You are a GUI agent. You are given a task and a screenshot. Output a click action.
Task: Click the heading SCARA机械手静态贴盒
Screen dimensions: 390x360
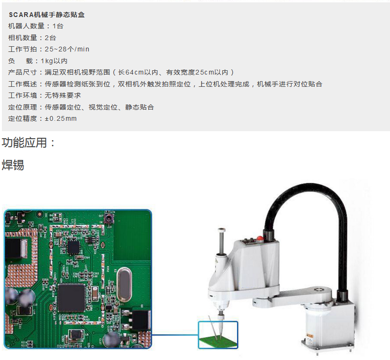point(47,15)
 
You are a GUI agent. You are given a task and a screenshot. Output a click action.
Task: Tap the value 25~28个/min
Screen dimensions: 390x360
point(67,49)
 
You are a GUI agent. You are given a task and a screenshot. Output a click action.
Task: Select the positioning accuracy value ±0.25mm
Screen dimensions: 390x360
point(61,118)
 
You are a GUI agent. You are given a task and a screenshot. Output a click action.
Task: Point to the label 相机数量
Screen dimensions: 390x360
point(23,38)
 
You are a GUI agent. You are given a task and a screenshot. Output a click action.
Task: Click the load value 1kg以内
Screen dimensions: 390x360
point(54,61)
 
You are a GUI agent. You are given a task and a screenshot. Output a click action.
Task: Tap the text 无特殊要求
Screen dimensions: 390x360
point(63,95)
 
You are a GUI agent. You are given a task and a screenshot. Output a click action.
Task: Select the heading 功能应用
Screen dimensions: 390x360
point(24,142)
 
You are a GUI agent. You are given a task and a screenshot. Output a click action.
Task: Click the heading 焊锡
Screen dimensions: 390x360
point(13,165)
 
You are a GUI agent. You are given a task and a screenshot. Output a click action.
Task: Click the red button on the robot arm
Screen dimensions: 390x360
point(260,238)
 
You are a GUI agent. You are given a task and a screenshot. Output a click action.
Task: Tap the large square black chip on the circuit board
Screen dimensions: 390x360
point(71,298)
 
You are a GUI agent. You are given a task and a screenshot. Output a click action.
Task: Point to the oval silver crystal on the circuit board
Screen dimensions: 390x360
point(124,285)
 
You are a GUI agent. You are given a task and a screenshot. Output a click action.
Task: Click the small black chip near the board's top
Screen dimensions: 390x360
point(74,247)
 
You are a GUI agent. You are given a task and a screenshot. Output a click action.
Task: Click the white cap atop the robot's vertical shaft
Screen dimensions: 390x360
point(221,230)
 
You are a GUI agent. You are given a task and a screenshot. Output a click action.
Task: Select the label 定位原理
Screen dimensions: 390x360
point(23,107)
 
